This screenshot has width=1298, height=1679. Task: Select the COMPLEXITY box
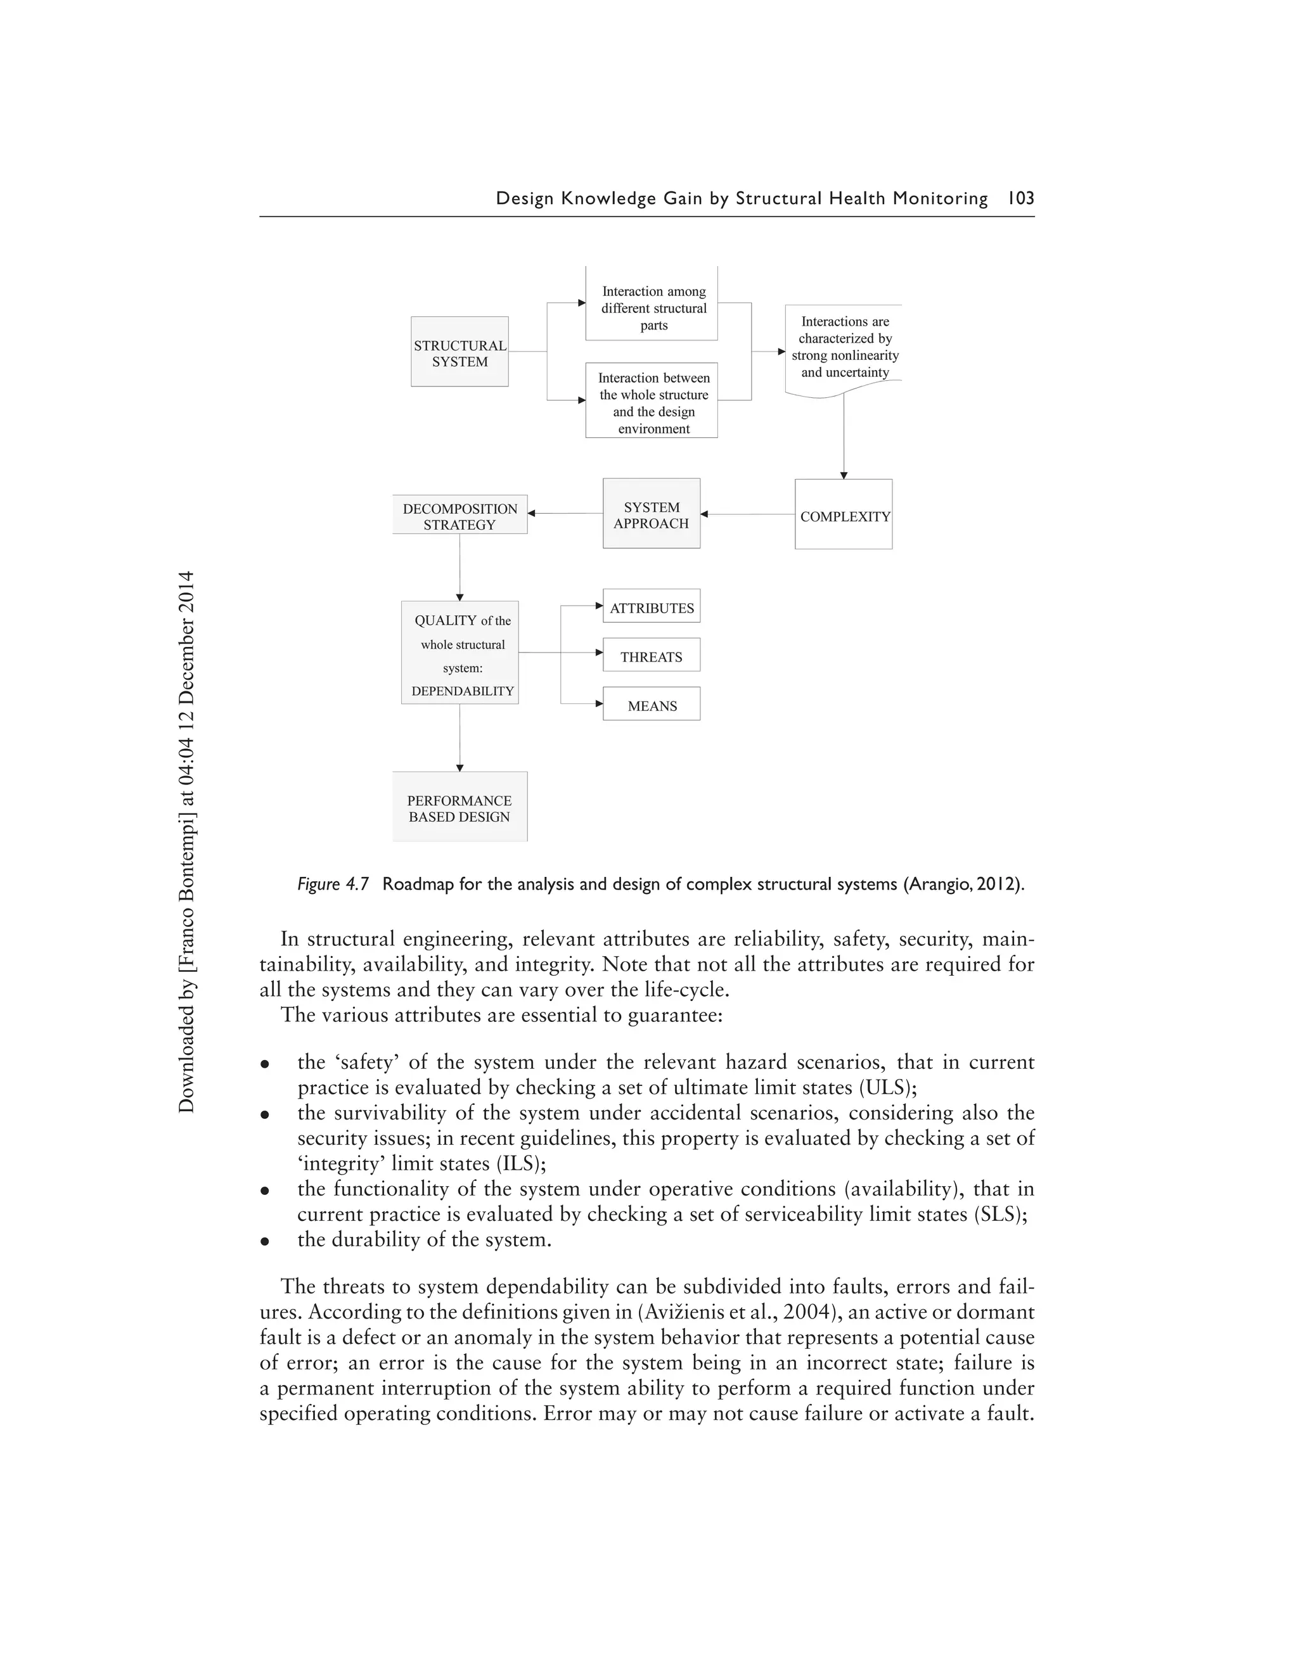(x=844, y=515)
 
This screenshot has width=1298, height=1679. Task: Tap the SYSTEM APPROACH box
(x=652, y=514)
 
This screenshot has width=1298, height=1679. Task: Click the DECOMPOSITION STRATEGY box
(x=460, y=515)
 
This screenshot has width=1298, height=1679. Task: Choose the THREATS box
(x=652, y=656)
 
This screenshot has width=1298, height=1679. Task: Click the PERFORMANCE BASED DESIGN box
(x=460, y=807)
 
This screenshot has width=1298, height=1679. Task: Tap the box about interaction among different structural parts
(x=652, y=307)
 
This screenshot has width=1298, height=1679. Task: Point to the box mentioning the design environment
(x=652, y=401)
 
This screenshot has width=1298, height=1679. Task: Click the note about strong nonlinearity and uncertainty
(x=844, y=347)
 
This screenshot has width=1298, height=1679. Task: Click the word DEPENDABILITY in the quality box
(x=462, y=691)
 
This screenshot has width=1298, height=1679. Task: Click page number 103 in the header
(x=1020, y=198)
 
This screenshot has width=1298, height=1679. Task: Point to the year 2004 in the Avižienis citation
(x=808, y=1312)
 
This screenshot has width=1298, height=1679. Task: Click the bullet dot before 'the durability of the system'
(x=264, y=1241)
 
